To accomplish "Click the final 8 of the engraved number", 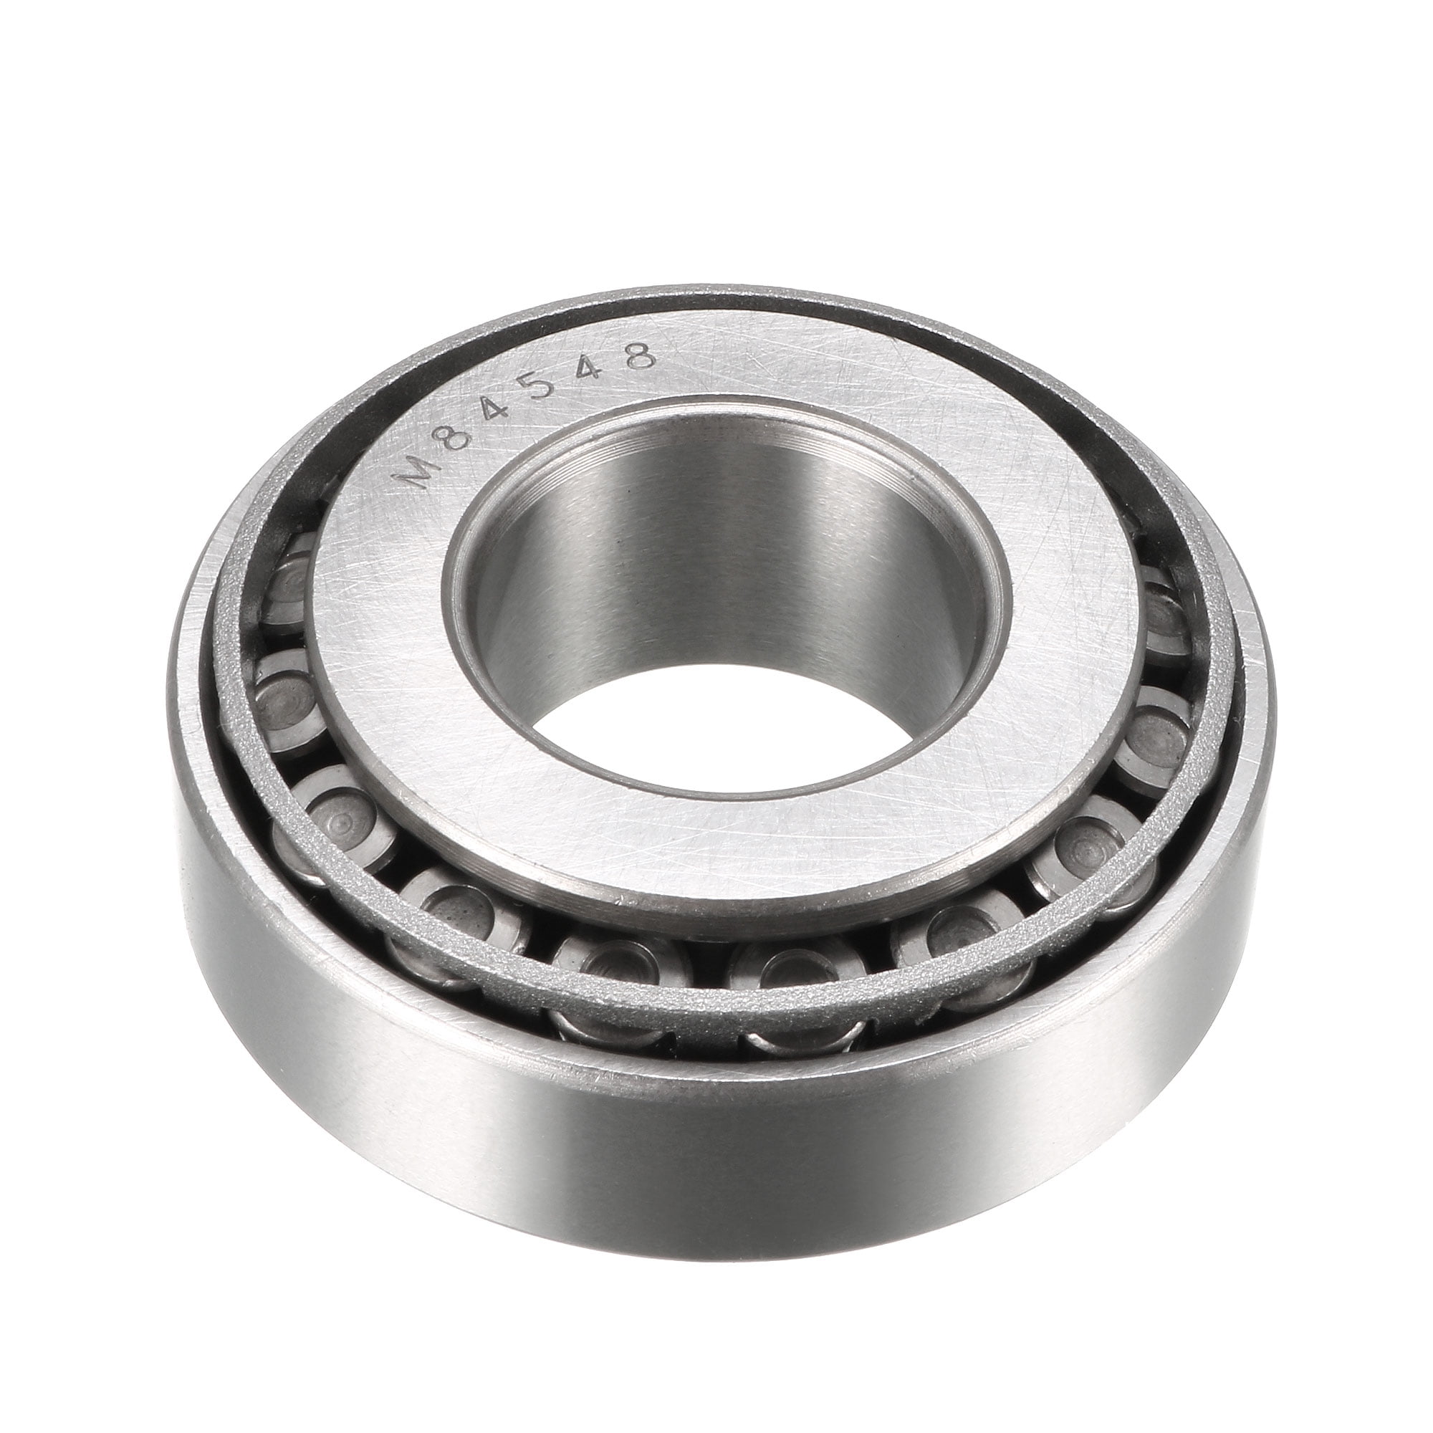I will coord(639,356).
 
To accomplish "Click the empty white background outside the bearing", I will coord(148,148).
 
